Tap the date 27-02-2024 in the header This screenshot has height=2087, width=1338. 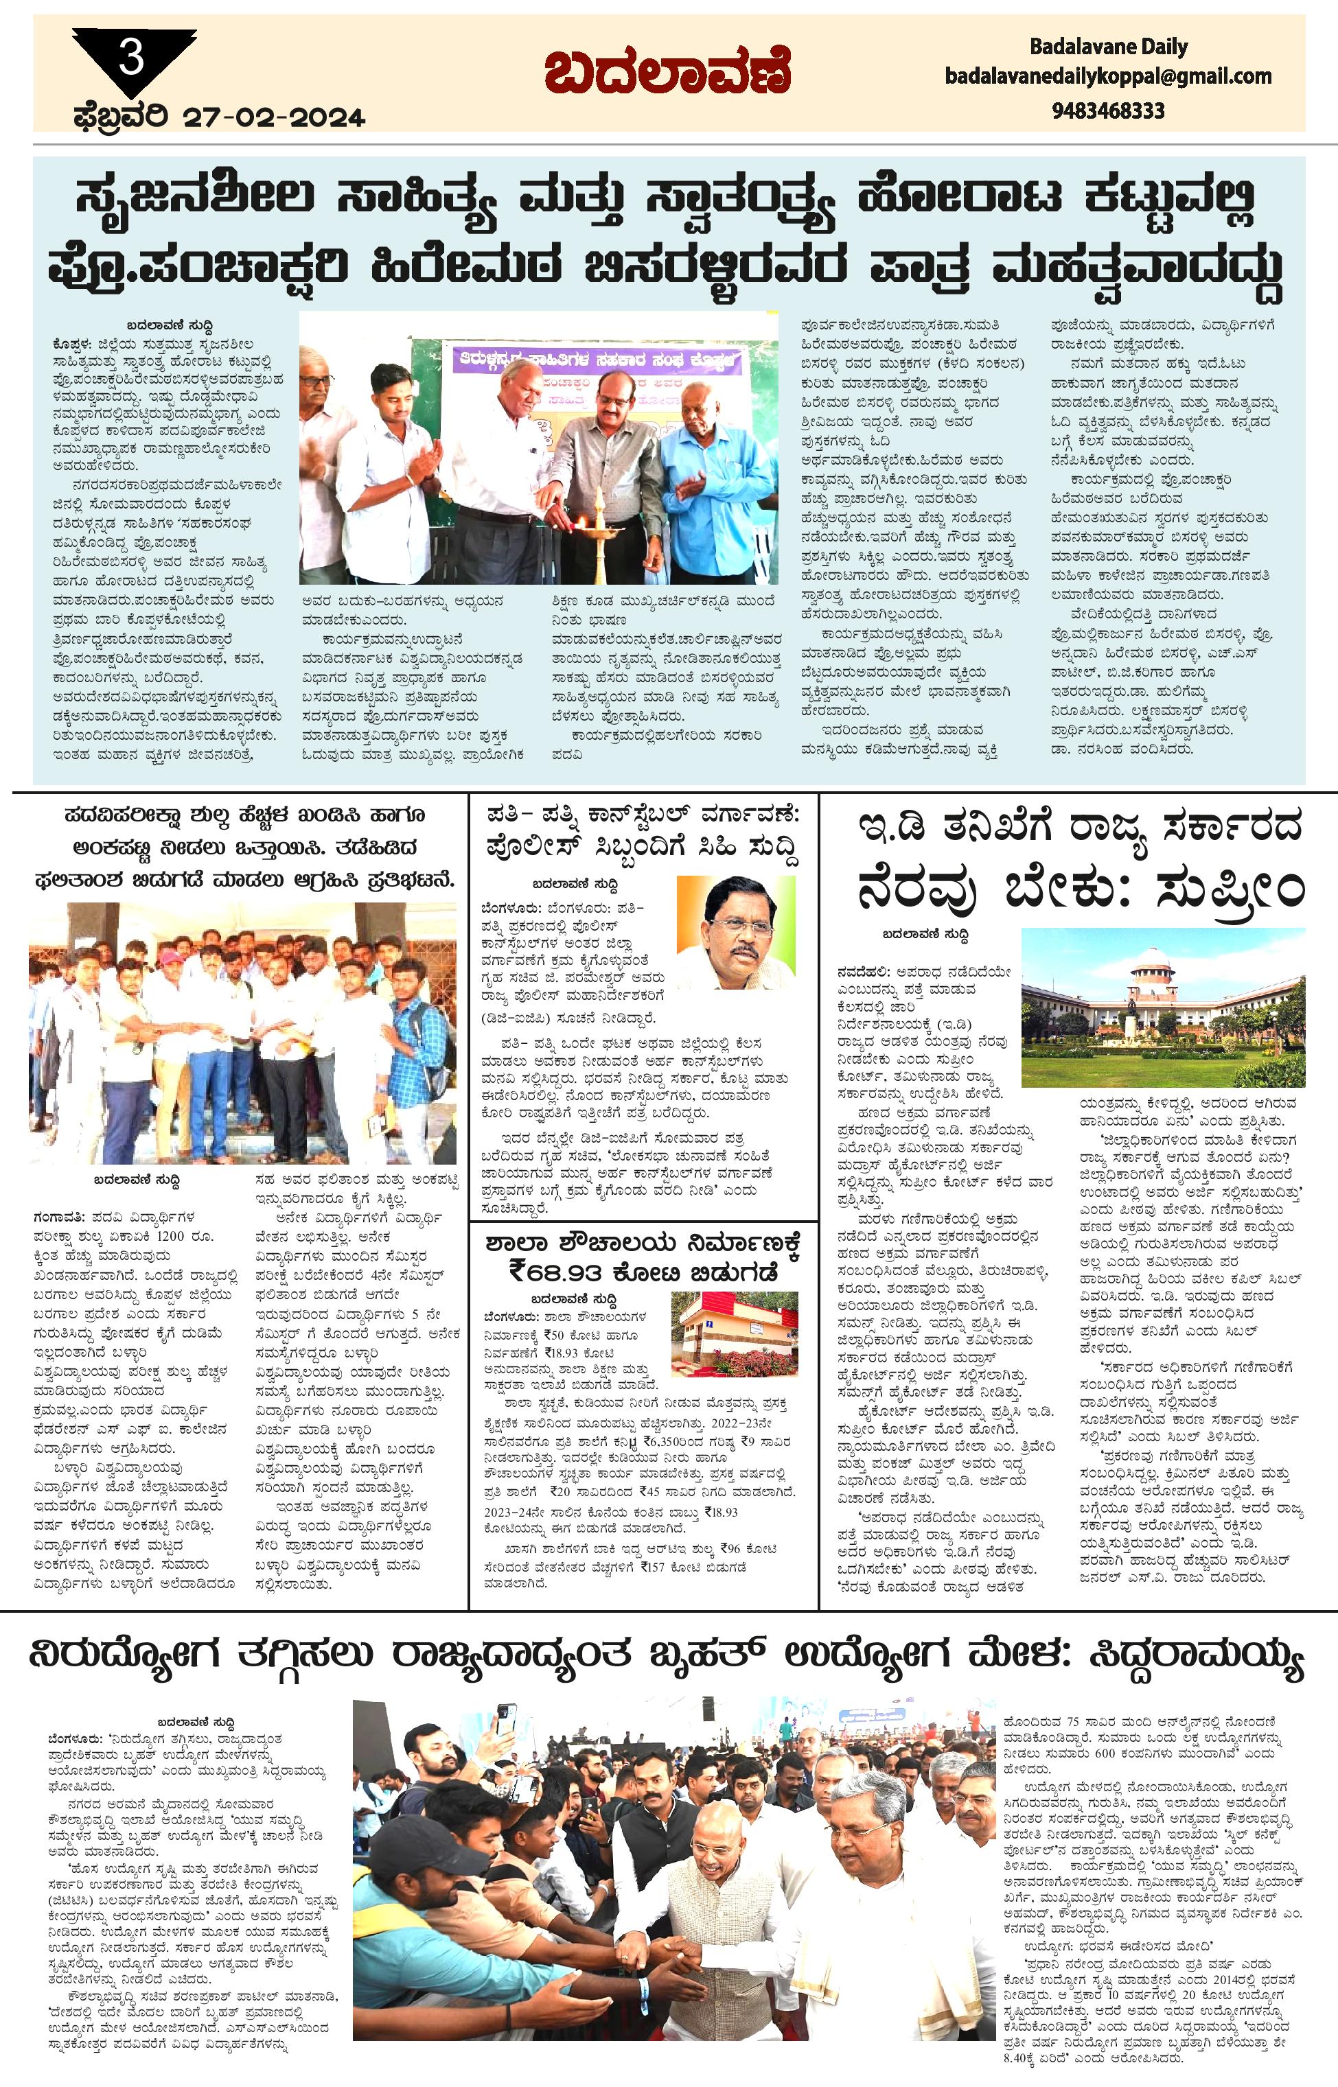pos(274,117)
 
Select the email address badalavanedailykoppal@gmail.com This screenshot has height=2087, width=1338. pos(1108,76)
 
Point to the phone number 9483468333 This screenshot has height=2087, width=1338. pos(1108,111)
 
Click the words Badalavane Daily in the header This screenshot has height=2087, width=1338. pos(1109,46)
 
